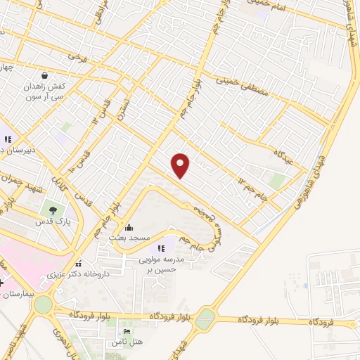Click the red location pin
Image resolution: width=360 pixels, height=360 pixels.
pos(181,165)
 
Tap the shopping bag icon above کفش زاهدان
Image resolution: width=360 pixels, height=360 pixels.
pos(45,75)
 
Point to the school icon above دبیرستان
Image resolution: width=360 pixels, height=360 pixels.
pos(8,139)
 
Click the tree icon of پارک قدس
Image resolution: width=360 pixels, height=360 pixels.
pos(51,210)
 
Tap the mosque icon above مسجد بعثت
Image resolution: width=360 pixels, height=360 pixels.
pos(128,227)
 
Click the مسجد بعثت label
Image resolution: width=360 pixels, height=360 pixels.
pos(129,239)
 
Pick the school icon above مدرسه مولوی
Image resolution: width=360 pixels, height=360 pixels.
pos(161,247)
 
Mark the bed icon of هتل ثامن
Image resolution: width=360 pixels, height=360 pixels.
pos(127,332)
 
